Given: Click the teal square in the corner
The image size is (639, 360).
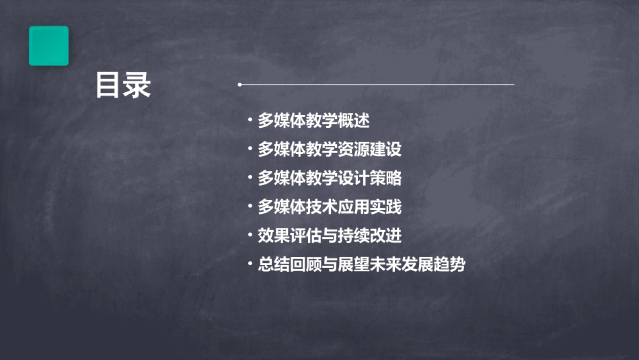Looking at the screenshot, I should [x=48, y=46].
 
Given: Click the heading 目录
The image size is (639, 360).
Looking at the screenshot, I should [x=123, y=85].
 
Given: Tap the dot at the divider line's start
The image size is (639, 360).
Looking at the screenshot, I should [x=239, y=85].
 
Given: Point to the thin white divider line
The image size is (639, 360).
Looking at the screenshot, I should [x=377, y=85].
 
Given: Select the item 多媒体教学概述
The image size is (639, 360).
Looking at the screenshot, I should [x=314, y=121].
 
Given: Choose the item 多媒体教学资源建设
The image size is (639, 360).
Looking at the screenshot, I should [x=330, y=149].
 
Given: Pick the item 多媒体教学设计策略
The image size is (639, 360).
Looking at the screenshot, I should [x=330, y=178].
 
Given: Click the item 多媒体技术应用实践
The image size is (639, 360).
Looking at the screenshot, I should [x=330, y=207].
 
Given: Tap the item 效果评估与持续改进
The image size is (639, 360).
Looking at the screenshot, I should [x=330, y=236].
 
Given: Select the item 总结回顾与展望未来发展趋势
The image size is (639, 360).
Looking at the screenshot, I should [x=361, y=264].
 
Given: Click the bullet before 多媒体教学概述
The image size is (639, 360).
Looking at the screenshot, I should [x=250, y=121].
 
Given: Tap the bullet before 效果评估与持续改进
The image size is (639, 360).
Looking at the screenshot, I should [x=250, y=236].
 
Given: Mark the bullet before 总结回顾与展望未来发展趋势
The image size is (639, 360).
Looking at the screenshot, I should [x=250, y=264].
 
